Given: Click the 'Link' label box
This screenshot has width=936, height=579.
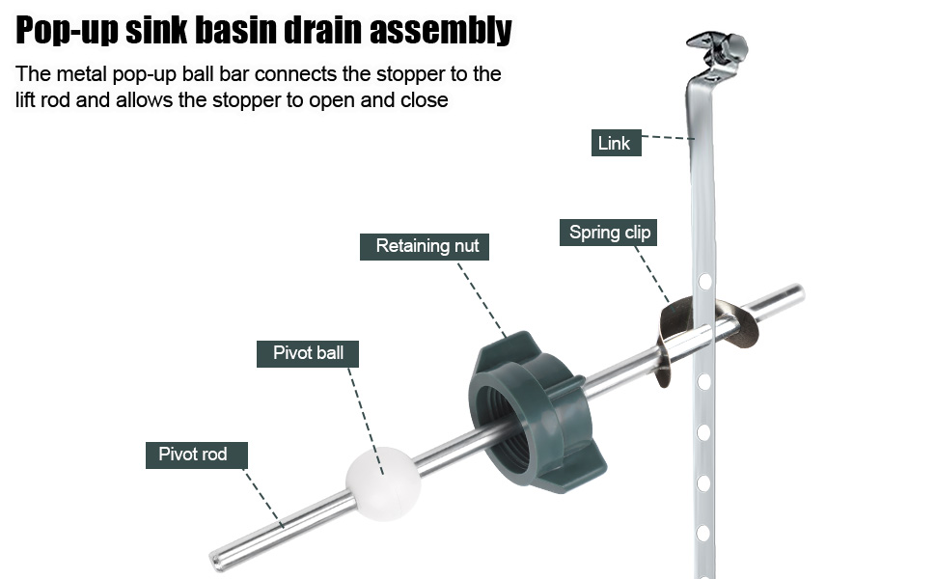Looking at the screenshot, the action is point(616,143).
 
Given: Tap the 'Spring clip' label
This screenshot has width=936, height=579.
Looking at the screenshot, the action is point(608,233).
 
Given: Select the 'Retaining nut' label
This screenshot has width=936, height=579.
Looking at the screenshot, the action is point(425,246).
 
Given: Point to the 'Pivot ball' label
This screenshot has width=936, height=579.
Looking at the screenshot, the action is point(308,353).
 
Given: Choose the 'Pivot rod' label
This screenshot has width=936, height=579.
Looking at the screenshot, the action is point(197,455).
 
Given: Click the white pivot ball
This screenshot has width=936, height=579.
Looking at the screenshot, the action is point(383,483).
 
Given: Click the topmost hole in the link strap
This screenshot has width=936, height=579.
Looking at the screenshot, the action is point(705,281).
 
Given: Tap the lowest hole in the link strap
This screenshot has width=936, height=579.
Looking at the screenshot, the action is point(703,533).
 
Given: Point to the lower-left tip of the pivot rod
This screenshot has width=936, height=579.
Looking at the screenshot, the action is point(213,561).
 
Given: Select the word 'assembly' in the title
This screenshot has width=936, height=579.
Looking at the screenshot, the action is point(441,30).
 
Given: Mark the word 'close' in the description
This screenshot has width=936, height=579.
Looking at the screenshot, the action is point(424,99).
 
